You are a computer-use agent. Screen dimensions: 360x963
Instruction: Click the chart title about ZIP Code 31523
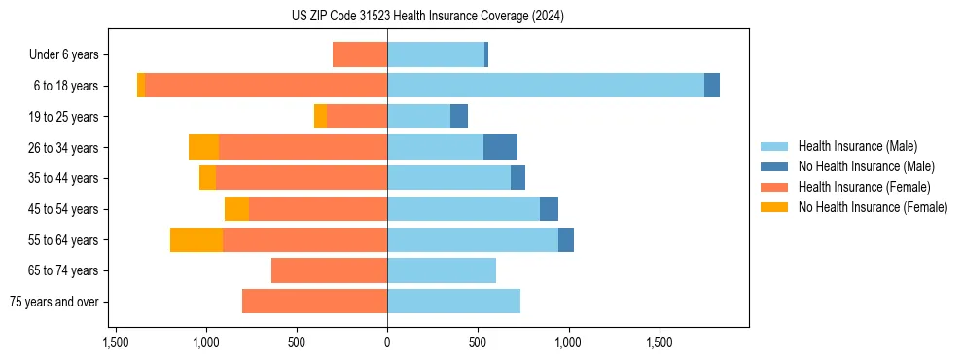pyautogui.click(x=427, y=16)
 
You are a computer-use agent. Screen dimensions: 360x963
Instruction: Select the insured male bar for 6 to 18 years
pyautogui.click(x=545, y=86)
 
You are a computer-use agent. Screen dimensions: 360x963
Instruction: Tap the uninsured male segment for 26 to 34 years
pyautogui.click(x=500, y=147)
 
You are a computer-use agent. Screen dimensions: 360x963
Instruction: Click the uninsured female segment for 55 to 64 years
pyautogui.click(x=196, y=239)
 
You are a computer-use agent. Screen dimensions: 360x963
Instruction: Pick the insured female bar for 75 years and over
pyautogui.click(x=314, y=302)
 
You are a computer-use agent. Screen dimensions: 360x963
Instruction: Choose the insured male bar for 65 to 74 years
pyautogui.click(x=442, y=270)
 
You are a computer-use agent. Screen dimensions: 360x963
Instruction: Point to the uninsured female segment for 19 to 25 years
pyautogui.click(x=321, y=117)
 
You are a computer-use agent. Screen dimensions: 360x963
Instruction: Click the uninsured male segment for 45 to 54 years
pyautogui.click(x=549, y=209)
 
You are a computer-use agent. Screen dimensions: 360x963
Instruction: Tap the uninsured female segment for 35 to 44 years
pyautogui.click(x=207, y=178)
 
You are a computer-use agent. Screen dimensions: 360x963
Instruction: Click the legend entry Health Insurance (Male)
pyautogui.click(x=857, y=146)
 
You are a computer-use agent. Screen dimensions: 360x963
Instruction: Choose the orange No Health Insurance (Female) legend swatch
pyautogui.click(x=775, y=207)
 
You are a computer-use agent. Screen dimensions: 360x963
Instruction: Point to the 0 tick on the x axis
pyautogui.click(x=387, y=342)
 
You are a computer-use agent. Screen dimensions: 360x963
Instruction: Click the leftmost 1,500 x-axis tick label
pyautogui.click(x=116, y=342)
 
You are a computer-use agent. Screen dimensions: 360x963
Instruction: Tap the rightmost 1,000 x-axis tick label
pyautogui.click(x=568, y=342)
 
